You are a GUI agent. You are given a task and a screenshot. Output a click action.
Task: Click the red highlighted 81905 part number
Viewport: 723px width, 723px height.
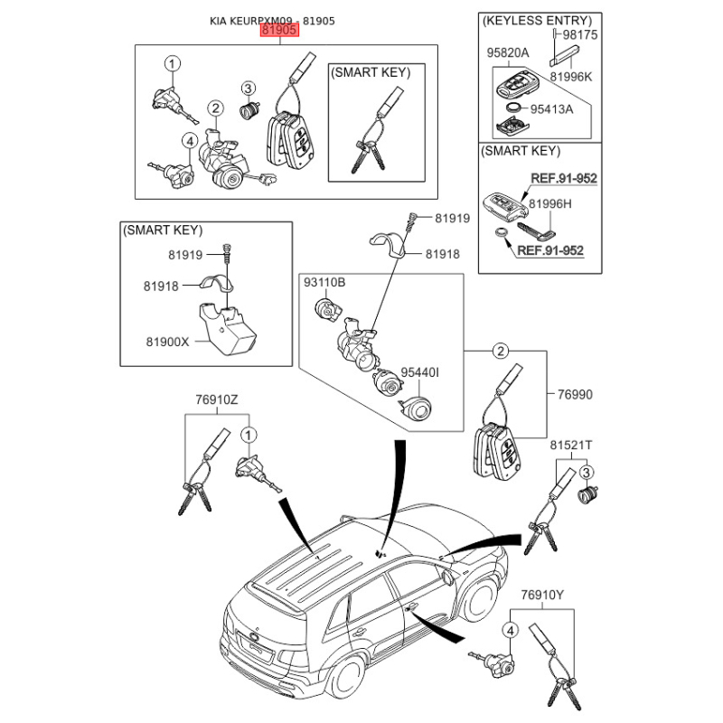tap(279, 31)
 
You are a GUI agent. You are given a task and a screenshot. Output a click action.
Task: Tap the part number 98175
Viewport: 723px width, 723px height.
tap(579, 35)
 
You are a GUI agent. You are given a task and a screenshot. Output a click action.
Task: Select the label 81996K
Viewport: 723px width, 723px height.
tap(571, 77)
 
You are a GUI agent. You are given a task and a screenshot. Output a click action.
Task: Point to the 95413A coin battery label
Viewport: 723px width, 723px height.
tap(551, 109)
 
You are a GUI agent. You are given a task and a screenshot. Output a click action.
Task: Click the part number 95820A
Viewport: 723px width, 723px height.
tap(508, 53)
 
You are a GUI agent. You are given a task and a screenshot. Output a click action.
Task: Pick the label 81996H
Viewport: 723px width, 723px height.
tap(550, 204)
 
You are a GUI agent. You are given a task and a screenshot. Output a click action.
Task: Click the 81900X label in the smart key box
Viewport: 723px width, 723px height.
tap(167, 342)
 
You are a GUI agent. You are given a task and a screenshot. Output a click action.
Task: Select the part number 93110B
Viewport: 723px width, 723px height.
tap(324, 282)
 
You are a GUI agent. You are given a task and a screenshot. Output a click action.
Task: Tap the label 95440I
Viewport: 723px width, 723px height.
tap(419, 372)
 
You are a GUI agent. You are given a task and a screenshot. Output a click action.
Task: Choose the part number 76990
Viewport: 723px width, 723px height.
tap(575, 395)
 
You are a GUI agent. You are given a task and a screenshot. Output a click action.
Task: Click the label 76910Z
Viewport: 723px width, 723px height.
tap(217, 399)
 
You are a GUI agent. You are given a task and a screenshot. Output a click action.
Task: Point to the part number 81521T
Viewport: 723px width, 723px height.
tap(571, 446)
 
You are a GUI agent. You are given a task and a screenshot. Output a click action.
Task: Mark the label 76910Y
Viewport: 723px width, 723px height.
tap(542, 596)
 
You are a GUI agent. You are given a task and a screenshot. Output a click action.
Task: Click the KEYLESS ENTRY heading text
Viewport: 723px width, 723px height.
tap(537, 21)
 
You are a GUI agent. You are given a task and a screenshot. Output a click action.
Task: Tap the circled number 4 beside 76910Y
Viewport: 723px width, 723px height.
tap(510, 630)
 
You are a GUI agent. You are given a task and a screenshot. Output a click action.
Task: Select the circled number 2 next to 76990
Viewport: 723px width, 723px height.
tap(501, 352)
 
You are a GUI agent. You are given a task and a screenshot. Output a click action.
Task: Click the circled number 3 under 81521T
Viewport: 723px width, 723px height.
tap(586, 473)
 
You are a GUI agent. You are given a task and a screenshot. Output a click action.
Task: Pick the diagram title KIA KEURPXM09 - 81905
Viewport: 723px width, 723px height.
tap(272, 21)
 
